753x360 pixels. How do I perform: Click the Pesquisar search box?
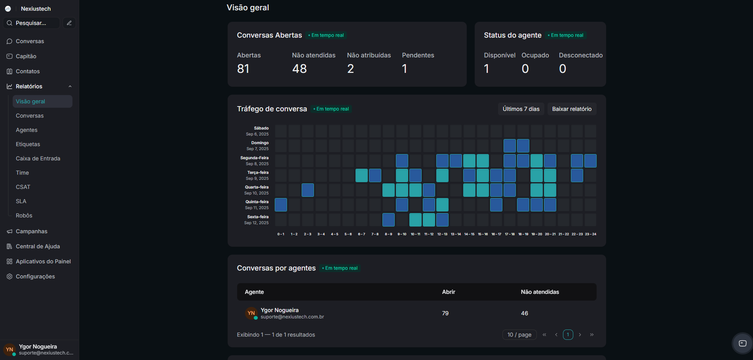click(32, 23)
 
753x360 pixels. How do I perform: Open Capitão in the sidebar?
click(26, 56)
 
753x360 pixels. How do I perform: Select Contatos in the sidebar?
click(28, 71)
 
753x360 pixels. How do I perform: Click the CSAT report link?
click(23, 187)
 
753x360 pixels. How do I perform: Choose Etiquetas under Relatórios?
click(28, 144)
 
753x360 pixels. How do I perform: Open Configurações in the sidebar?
click(35, 276)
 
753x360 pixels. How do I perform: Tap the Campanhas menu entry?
click(31, 231)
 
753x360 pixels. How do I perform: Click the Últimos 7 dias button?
click(521, 109)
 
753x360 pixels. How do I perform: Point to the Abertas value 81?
click(243, 69)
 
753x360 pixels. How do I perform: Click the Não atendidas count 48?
click(299, 69)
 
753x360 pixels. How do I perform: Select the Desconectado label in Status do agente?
click(580, 55)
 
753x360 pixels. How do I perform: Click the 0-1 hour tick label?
click(281, 234)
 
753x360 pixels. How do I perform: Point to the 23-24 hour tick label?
click(590, 234)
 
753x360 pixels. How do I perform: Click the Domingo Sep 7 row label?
click(258, 146)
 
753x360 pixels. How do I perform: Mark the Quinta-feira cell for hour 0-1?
click(281, 205)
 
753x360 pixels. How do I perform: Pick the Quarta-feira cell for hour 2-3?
click(308, 190)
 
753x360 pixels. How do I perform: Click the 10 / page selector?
click(519, 335)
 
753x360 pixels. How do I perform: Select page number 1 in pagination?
click(568, 335)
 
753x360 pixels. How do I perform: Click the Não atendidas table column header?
click(540, 292)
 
